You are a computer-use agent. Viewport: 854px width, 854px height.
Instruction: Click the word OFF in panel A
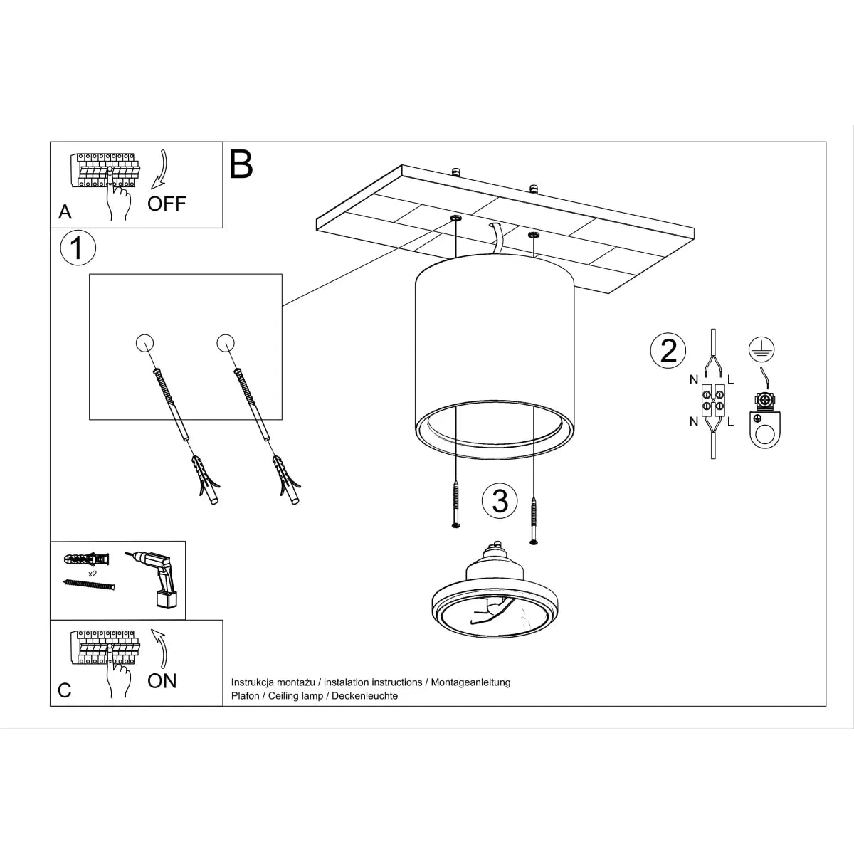(x=167, y=204)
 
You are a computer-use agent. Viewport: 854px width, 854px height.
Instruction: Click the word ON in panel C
(x=162, y=681)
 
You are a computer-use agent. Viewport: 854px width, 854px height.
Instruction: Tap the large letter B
(x=241, y=164)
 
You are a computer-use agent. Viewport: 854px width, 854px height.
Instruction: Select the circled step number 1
(x=78, y=248)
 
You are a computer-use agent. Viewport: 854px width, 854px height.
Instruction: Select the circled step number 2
(x=668, y=351)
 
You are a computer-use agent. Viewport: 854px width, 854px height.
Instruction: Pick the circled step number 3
(x=500, y=501)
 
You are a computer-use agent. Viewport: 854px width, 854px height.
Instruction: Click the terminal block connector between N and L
(x=712, y=400)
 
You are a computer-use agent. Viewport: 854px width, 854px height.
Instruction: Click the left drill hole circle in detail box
(x=144, y=343)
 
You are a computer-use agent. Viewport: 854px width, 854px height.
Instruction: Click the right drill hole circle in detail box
(x=226, y=343)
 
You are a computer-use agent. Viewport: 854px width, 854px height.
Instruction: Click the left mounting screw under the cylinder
(x=455, y=505)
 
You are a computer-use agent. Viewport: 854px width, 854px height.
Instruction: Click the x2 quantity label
(x=93, y=573)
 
